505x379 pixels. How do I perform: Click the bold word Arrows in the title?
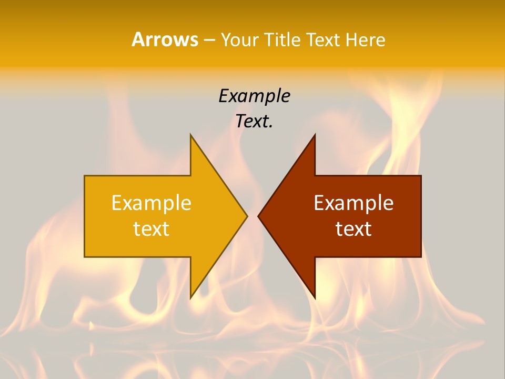coord(165,39)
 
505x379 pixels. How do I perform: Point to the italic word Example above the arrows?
coord(254,96)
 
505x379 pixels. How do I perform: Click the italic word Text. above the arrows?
coord(254,121)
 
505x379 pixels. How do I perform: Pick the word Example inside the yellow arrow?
coord(151,203)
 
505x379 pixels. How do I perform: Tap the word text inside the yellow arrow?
coord(151,228)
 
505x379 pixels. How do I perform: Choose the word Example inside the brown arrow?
coord(353,203)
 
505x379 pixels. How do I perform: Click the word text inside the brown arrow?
coord(353,228)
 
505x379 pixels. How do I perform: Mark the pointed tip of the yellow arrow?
coord(247,216)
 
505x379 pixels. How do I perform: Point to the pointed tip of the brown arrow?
coord(258,216)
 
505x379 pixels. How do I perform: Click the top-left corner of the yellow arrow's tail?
coord(85,176)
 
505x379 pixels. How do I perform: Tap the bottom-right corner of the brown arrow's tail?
coord(420,256)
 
